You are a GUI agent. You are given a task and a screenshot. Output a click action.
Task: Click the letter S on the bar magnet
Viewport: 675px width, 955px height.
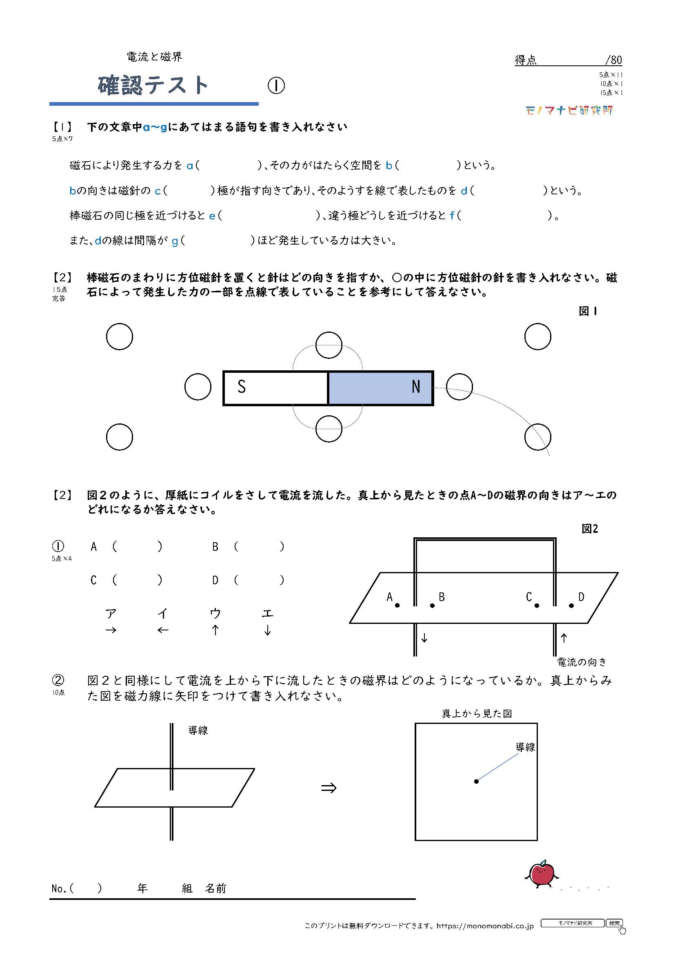click(x=242, y=387)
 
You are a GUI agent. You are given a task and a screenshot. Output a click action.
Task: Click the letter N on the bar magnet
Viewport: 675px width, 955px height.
click(x=415, y=387)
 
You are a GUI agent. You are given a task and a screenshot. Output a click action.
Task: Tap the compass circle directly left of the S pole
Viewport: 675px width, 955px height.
click(x=198, y=387)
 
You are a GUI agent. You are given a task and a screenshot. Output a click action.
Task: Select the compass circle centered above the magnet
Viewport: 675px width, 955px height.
click(x=329, y=345)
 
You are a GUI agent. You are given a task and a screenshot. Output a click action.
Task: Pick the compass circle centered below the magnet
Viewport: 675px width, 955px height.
click(x=329, y=429)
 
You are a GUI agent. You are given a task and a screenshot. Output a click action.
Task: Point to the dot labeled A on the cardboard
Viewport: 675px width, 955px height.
click(x=397, y=606)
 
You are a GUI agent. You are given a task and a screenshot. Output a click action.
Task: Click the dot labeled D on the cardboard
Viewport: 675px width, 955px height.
click(x=571, y=606)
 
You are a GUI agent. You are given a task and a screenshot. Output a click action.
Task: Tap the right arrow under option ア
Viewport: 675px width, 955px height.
click(x=111, y=630)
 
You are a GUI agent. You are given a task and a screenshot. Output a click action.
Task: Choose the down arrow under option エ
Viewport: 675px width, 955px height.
click(x=267, y=630)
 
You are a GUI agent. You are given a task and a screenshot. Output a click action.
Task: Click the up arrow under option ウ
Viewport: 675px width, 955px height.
click(x=215, y=630)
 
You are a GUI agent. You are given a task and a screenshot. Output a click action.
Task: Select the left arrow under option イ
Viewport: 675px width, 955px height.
click(x=163, y=630)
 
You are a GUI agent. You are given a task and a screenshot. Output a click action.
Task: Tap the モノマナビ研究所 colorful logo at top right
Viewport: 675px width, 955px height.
click(x=569, y=111)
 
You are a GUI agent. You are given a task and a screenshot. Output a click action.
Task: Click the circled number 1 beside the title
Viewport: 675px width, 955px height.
click(x=276, y=86)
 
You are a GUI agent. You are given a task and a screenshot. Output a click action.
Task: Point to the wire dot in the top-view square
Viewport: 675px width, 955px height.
click(x=476, y=781)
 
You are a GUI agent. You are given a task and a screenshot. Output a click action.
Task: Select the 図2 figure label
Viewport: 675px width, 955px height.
click(x=589, y=529)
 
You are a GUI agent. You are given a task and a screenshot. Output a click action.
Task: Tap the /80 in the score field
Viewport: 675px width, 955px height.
click(x=613, y=60)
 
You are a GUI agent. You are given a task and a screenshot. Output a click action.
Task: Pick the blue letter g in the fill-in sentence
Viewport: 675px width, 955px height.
click(x=175, y=241)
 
